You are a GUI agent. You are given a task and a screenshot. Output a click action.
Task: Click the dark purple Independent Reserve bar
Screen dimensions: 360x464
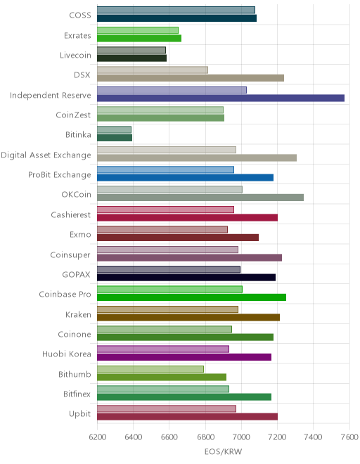pyautogui.click(x=221, y=98)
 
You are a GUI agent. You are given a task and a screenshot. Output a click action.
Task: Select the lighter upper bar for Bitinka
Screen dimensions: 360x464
pyautogui.click(x=114, y=129)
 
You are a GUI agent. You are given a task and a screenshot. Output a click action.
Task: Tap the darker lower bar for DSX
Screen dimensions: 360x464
pyautogui.click(x=191, y=78)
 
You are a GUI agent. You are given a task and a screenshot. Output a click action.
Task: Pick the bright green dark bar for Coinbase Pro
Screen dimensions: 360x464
pyautogui.click(x=191, y=297)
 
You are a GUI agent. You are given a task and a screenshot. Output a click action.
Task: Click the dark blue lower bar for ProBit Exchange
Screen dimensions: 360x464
pyautogui.click(x=185, y=178)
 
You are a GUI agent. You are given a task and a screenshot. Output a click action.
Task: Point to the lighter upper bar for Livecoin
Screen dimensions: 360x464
pyautogui.click(x=131, y=50)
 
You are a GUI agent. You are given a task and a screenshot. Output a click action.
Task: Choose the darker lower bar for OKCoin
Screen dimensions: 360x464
pyautogui.click(x=200, y=198)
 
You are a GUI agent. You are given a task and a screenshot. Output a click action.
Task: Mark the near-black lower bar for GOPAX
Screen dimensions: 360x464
pyautogui.click(x=186, y=277)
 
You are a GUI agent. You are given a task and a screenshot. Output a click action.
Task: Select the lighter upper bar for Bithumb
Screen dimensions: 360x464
pyautogui.click(x=150, y=369)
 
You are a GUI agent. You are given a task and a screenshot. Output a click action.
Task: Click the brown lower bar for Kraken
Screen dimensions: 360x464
pyautogui.click(x=188, y=318)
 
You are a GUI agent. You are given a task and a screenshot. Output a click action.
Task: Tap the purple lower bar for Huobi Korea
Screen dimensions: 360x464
pyautogui.click(x=184, y=357)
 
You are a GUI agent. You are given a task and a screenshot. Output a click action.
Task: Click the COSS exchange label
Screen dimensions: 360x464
pyautogui.click(x=80, y=15)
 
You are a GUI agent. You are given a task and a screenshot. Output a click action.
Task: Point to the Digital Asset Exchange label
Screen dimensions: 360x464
pyautogui.click(x=46, y=155)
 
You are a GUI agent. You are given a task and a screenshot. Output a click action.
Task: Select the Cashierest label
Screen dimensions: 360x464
pyautogui.click(x=70, y=214)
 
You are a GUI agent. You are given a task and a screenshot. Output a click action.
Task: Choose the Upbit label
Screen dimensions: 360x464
pyautogui.click(x=79, y=413)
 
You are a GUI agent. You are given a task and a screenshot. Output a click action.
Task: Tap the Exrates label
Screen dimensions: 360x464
pyautogui.click(x=77, y=36)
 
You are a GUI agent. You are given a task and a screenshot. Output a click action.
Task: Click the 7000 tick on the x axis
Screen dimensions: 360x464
pyautogui.click(x=241, y=437)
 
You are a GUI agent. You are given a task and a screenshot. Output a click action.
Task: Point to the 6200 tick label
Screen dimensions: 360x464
pyautogui.click(x=98, y=437)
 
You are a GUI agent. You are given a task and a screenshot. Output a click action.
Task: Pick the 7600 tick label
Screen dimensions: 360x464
pyautogui.click(x=349, y=437)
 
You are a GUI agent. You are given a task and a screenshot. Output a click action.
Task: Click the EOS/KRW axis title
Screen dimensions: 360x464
pyautogui.click(x=223, y=451)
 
